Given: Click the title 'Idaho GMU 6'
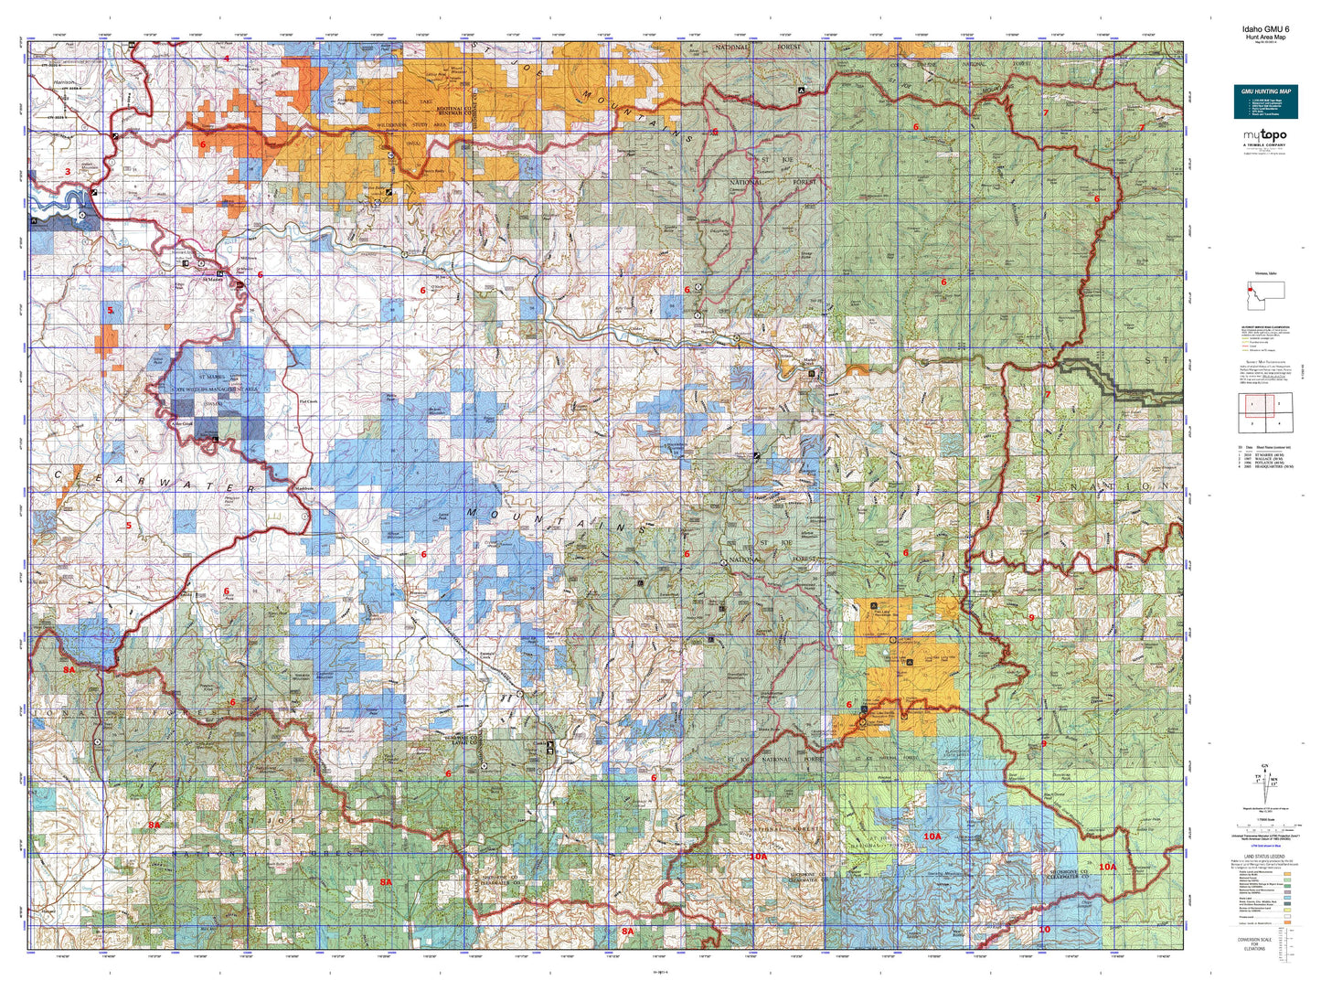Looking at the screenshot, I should [1265, 28].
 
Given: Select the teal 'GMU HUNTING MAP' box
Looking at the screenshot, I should [1265, 101].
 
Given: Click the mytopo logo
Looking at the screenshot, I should [1264, 137].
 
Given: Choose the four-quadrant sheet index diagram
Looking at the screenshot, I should [1265, 412].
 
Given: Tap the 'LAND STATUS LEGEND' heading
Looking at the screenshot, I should [1265, 856].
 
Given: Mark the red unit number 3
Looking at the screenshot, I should [67, 171].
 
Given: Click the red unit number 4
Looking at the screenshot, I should [227, 59].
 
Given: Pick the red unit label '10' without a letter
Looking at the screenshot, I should [1044, 929].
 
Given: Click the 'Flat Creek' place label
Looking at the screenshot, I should [308, 401].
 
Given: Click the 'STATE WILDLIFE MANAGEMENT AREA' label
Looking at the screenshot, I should [216, 389].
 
